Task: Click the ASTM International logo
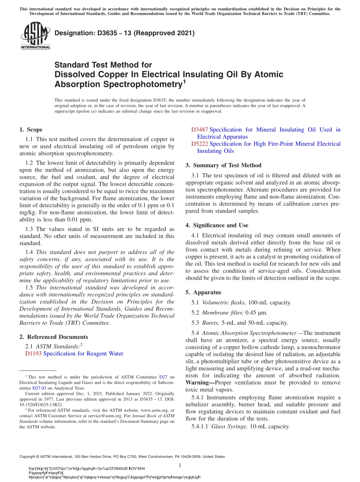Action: click(x=35, y=36)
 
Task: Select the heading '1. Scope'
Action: click(x=31, y=130)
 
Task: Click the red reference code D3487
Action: click(x=200, y=130)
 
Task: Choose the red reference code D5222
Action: click(x=200, y=144)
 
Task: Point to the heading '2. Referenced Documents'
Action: click(x=53, y=337)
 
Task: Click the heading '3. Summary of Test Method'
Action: click(x=223, y=165)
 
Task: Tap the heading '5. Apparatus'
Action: click(x=203, y=293)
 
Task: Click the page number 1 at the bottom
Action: click(x=180, y=466)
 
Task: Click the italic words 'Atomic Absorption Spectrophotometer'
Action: click(x=249, y=333)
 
